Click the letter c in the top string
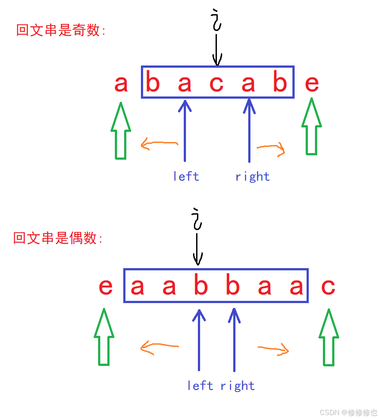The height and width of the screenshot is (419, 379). click(x=216, y=84)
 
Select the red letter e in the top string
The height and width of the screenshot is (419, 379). click(x=312, y=84)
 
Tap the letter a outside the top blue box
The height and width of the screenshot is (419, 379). click(x=121, y=84)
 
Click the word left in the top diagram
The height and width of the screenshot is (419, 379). click(x=186, y=177)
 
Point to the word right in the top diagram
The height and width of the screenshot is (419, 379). click(x=252, y=177)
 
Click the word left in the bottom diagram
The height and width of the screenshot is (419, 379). click(x=200, y=386)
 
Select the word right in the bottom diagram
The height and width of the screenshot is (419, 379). click(x=238, y=386)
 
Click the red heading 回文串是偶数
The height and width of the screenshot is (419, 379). click(x=58, y=238)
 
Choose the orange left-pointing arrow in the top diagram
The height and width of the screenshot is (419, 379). click(x=159, y=144)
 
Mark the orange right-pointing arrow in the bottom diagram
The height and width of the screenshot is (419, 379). click(x=273, y=350)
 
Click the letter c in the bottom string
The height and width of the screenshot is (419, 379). click(x=328, y=287)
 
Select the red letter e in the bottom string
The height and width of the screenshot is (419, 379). click(x=106, y=287)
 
